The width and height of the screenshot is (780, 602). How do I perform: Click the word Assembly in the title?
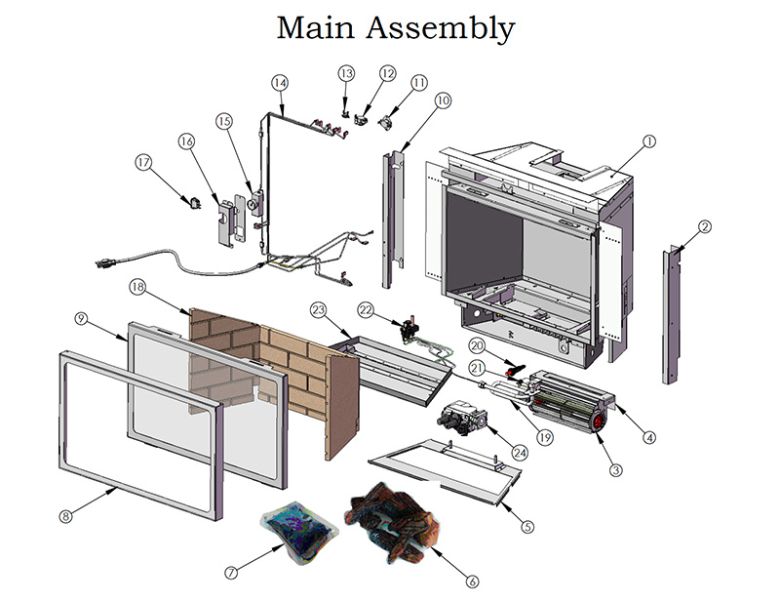click(440, 29)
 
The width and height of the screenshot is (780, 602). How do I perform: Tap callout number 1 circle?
click(647, 140)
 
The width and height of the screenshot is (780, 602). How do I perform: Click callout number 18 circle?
click(136, 287)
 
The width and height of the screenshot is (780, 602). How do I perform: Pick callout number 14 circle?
click(280, 83)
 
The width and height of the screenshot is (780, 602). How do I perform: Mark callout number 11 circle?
click(418, 83)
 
